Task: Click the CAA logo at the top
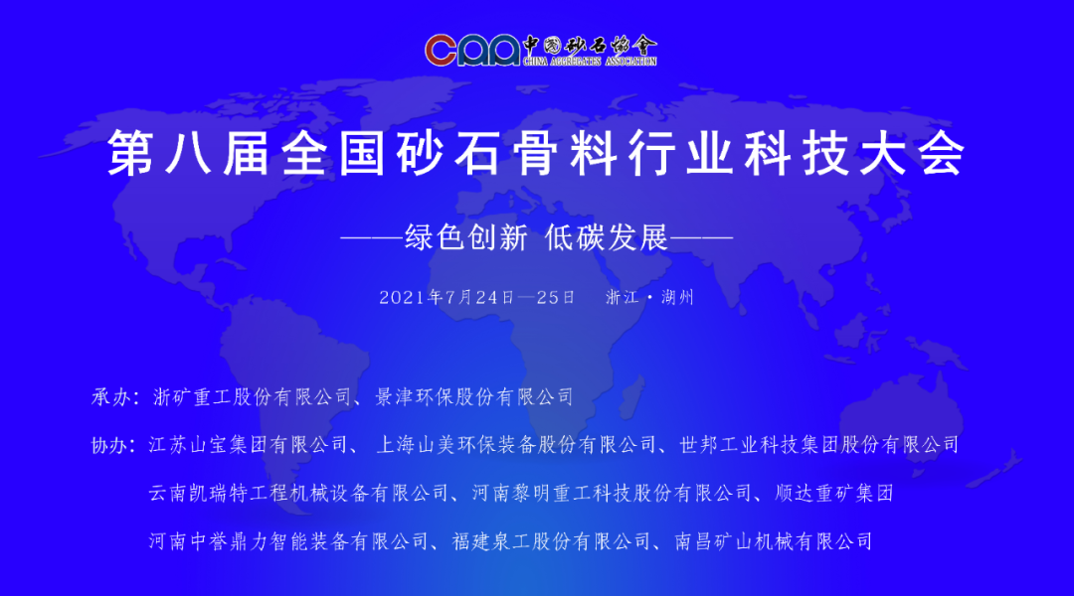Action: pyautogui.click(x=472, y=49)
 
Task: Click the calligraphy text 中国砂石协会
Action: pyautogui.click(x=590, y=45)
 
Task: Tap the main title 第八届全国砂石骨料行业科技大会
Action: pyautogui.click(x=536, y=155)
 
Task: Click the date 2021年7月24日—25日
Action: pyautogui.click(x=477, y=297)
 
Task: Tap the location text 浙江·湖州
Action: pyautogui.click(x=649, y=297)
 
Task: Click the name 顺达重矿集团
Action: pyautogui.click(x=837, y=493)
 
